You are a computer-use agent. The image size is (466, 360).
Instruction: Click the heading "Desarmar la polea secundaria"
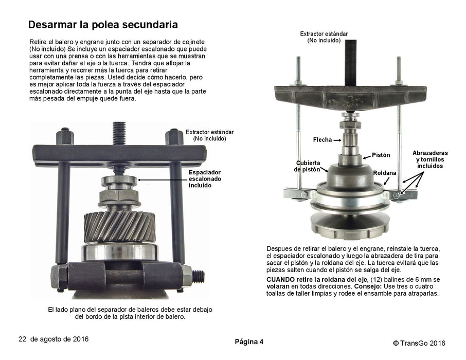103,24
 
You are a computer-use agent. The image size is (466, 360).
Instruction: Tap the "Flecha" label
322,140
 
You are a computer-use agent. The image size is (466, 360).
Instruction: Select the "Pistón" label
381,155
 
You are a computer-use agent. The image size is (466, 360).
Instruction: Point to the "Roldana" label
385,173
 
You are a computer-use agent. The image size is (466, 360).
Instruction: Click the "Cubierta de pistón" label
308,166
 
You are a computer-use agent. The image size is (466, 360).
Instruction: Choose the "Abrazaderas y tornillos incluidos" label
430,159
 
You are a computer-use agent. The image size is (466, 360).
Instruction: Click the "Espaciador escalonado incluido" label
205,178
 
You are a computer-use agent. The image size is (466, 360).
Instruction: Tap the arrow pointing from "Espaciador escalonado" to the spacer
162,180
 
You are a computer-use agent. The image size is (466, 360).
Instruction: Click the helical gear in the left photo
119,226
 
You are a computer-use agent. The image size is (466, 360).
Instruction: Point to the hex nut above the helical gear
119,195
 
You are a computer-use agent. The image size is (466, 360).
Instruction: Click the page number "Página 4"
249,342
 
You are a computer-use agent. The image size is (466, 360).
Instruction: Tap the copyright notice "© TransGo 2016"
419,343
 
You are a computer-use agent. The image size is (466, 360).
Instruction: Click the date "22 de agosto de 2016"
53,339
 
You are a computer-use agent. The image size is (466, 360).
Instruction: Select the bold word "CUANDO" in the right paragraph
280,280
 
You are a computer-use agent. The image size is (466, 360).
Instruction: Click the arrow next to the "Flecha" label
337,140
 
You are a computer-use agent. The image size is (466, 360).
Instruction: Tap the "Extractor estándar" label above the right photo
324,34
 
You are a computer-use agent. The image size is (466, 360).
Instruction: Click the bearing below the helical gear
119,253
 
